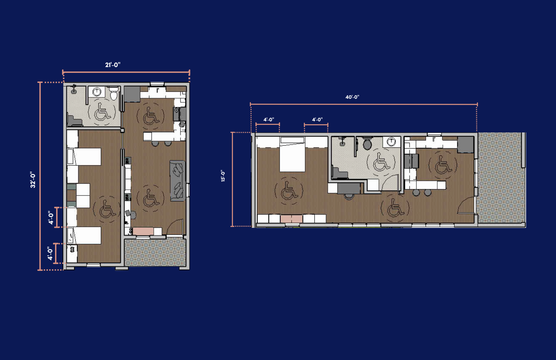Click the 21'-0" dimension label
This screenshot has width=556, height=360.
tap(113, 65)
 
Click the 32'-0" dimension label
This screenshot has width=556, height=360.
tap(33, 180)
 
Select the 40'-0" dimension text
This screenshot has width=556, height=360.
tap(352, 97)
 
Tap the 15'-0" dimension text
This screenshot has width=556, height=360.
tap(223, 176)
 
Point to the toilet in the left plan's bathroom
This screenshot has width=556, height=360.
tap(113, 94)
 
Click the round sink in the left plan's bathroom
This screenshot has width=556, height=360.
tap(97, 91)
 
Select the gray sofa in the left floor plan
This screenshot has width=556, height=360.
tap(178, 181)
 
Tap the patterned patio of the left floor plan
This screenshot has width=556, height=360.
tap(155, 252)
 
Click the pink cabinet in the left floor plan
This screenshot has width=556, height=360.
tap(143, 231)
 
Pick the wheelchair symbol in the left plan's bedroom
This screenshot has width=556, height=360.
tap(107, 209)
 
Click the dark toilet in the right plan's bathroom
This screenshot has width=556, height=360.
tap(367, 144)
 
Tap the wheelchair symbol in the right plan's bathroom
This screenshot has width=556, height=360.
tap(381, 163)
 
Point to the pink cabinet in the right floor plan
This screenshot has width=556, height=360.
tap(291, 219)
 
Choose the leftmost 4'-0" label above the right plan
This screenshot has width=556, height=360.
tap(269, 120)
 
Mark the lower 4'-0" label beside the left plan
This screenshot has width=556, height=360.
tap(50, 253)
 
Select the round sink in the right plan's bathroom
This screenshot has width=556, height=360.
tap(391, 142)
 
